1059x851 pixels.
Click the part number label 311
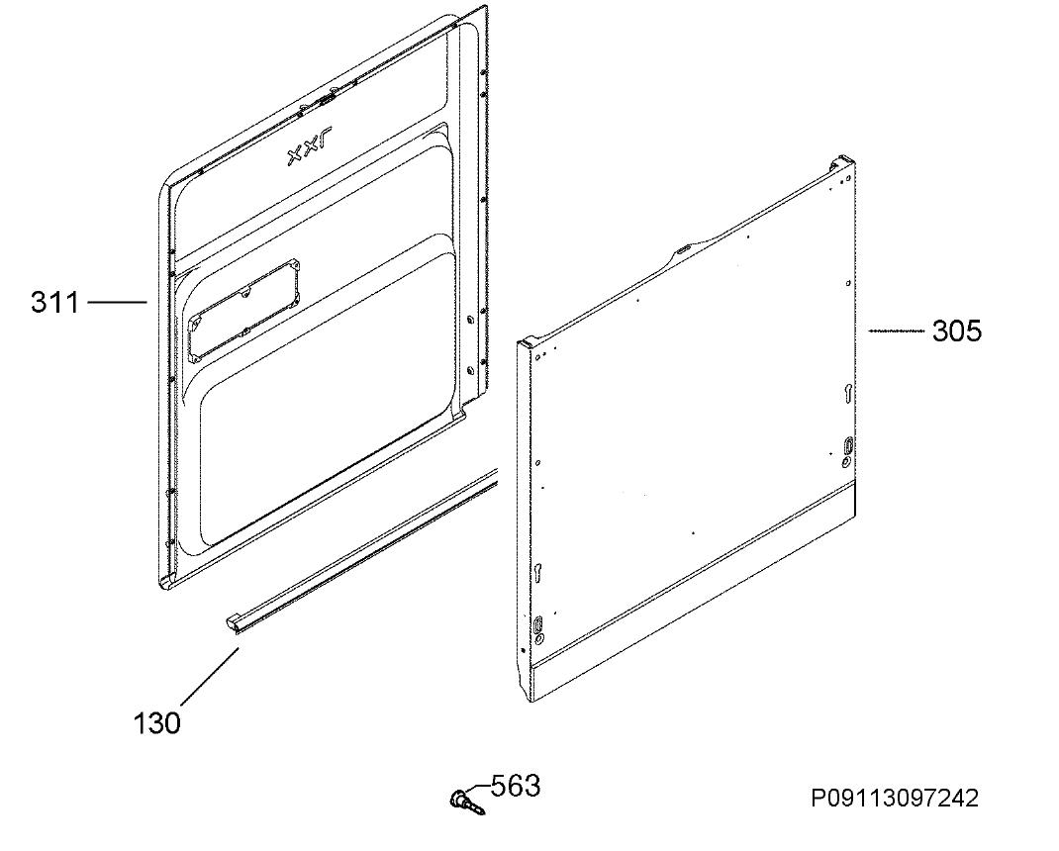point(55,302)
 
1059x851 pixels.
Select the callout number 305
point(957,331)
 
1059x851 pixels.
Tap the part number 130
point(157,723)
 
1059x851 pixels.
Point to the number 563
point(516,786)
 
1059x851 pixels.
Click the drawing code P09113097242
point(895,799)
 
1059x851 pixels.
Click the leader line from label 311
point(118,302)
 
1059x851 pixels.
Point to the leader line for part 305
point(897,331)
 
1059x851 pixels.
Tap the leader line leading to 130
point(210,678)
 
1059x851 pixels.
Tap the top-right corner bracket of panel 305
point(842,162)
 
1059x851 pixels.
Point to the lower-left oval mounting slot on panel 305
point(539,625)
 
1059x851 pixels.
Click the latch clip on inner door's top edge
point(326,100)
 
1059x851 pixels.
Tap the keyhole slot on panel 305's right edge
point(848,393)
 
